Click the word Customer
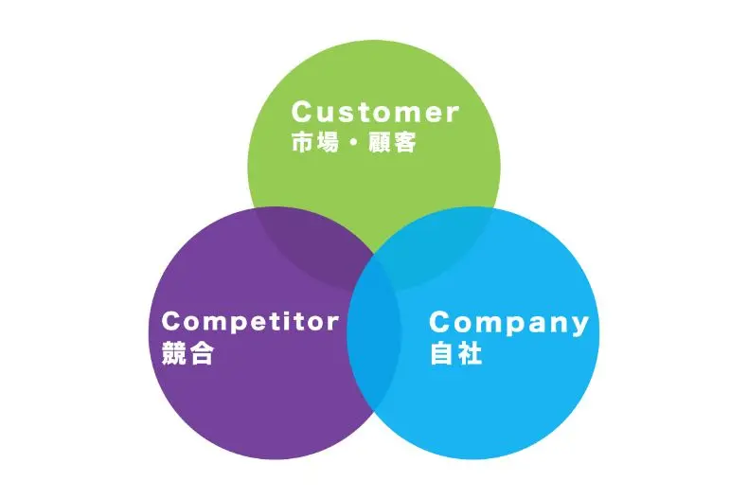(374, 112)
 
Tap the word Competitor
(250, 322)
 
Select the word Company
(508, 323)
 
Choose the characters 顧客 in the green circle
(392, 145)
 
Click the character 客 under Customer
(405, 145)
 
